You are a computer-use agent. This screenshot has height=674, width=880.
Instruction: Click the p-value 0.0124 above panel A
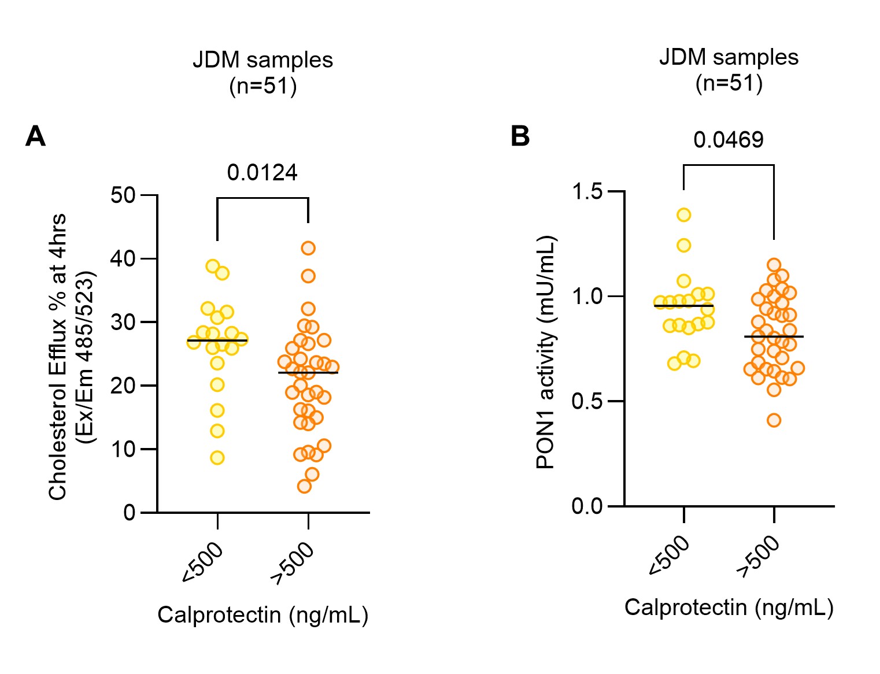pyautogui.click(x=262, y=173)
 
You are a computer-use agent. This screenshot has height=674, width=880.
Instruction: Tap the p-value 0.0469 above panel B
pyautogui.click(x=728, y=140)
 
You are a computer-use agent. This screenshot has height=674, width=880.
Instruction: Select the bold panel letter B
pyautogui.click(x=520, y=136)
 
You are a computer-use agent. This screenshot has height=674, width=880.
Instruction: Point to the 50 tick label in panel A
pyautogui.click(x=123, y=195)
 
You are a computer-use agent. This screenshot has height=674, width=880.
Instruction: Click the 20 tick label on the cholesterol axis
pyautogui.click(x=123, y=386)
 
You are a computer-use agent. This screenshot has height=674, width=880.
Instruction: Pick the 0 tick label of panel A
pyautogui.click(x=129, y=513)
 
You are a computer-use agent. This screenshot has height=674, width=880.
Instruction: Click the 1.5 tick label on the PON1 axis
pyautogui.click(x=587, y=191)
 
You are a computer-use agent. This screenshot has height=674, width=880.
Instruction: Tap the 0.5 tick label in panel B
pyautogui.click(x=587, y=401)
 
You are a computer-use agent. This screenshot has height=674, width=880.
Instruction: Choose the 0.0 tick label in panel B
pyautogui.click(x=587, y=506)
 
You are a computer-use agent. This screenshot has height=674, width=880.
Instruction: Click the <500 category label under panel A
pyautogui.click(x=202, y=562)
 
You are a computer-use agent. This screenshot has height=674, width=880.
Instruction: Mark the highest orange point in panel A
pyautogui.click(x=308, y=248)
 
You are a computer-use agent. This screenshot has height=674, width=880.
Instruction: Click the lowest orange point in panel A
pyautogui.click(x=304, y=486)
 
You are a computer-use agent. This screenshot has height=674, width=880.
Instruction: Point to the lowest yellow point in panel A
pyautogui.click(x=217, y=458)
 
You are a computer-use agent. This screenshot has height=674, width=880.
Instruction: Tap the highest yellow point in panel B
pyautogui.click(x=684, y=215)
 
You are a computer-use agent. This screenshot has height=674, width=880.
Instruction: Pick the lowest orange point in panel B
pyautogui.click(x=774, y=420)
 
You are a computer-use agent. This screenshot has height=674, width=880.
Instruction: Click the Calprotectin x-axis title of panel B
pyautogui.click(x=729, y=608)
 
